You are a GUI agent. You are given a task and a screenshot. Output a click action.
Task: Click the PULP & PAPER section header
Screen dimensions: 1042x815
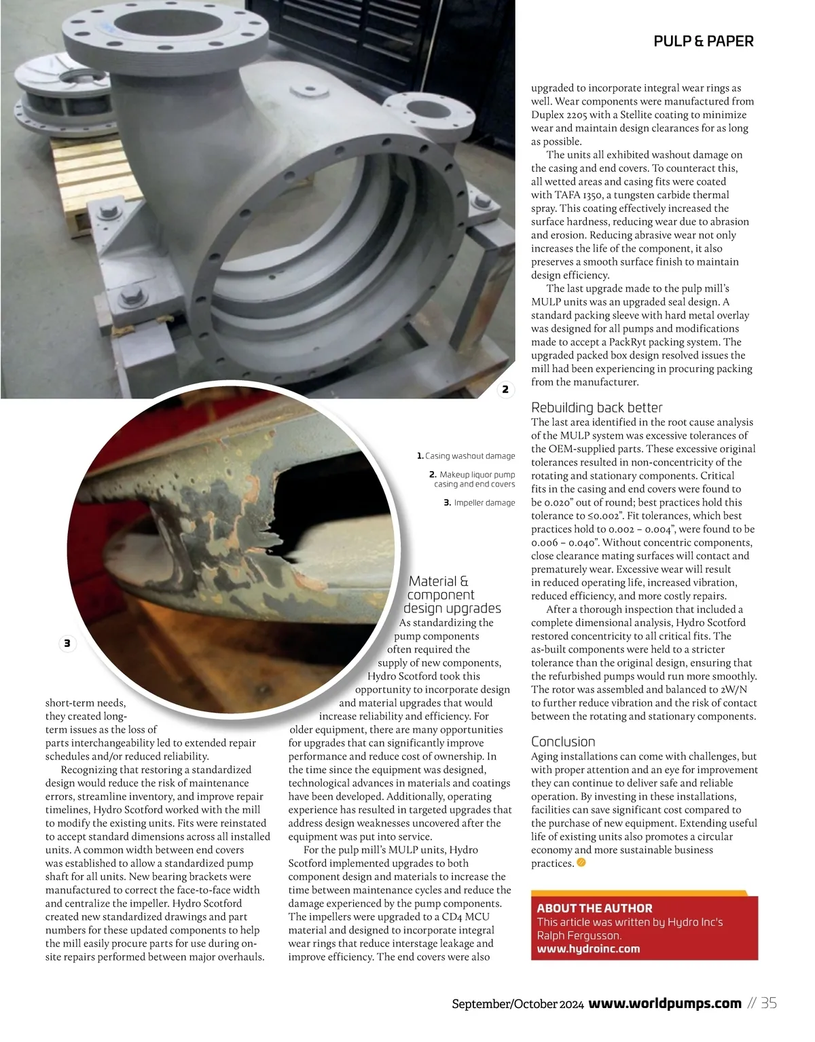[703, 41]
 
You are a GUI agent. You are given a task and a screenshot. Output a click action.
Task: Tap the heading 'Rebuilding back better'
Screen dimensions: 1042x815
[596, 407]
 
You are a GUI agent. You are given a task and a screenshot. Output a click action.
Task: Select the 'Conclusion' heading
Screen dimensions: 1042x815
[563, 741]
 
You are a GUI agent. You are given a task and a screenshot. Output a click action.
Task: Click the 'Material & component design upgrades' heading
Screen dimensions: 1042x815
[452, 595]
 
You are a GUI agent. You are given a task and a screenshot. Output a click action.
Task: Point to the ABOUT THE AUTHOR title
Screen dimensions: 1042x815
[594, 908]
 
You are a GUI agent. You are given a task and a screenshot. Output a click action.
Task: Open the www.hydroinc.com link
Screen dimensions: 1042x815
[588, 949]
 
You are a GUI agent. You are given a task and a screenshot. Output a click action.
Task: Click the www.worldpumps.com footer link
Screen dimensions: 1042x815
[665, 1003]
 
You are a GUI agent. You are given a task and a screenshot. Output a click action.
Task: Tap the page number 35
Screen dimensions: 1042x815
[769, 1003]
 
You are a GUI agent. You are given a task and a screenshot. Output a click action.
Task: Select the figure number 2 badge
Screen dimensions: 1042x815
[505, 390]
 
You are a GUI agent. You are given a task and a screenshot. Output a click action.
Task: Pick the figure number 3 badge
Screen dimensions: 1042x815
[67, 644]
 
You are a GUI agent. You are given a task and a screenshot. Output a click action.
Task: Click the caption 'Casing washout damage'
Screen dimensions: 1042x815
[469, 456]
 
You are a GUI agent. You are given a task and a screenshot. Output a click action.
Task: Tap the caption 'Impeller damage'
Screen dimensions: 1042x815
[484, 503]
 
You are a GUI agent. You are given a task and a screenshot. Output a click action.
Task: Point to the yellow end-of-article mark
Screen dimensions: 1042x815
[581, 863]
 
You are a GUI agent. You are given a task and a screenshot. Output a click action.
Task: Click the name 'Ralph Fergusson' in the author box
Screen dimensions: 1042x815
[579, 935]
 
